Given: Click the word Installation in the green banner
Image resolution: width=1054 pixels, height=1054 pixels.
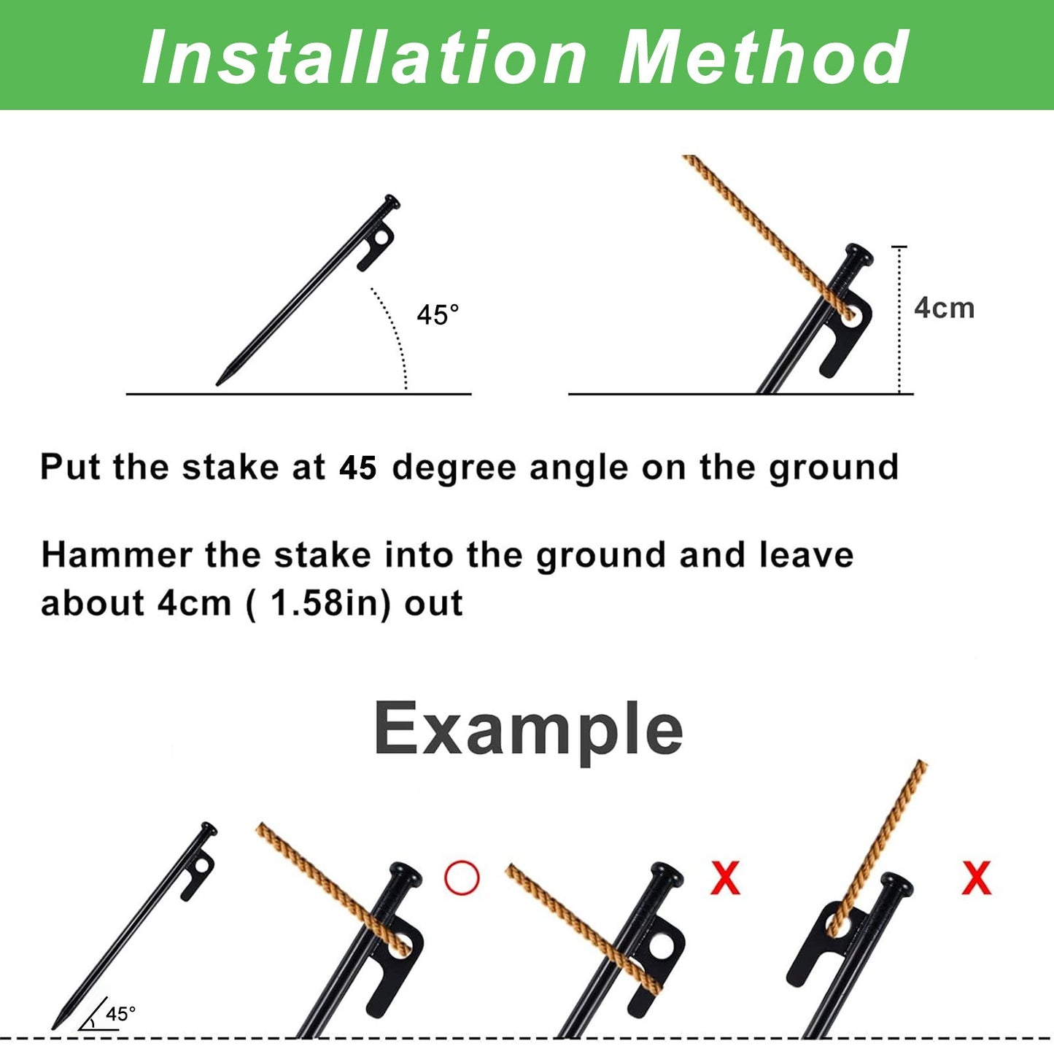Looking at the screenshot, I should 365,58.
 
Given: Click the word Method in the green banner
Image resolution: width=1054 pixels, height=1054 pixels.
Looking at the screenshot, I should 764,58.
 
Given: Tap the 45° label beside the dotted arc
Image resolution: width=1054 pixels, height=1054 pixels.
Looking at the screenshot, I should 438,315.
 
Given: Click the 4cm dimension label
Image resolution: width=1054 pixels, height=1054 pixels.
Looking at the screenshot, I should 944,308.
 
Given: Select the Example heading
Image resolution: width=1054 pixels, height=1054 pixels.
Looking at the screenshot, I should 528,729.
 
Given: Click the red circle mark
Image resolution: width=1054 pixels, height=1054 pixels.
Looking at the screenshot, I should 462,878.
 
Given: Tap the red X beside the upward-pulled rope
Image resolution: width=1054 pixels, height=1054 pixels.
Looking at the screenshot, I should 976,878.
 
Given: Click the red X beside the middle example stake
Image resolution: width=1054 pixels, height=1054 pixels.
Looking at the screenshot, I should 725,878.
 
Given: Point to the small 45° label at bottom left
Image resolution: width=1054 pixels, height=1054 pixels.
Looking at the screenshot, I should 120,1014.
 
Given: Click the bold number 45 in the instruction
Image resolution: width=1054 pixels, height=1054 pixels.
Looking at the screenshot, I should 357,468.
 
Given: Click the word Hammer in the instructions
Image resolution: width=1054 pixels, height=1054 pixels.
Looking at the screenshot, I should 117,556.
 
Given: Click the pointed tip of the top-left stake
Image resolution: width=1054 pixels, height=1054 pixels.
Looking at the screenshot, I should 219,382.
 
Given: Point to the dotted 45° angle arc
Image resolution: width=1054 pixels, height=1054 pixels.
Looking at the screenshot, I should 394,332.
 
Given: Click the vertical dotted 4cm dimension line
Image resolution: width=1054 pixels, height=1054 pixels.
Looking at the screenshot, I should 900,321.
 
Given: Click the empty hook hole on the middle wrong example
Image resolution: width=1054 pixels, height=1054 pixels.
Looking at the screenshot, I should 662,947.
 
